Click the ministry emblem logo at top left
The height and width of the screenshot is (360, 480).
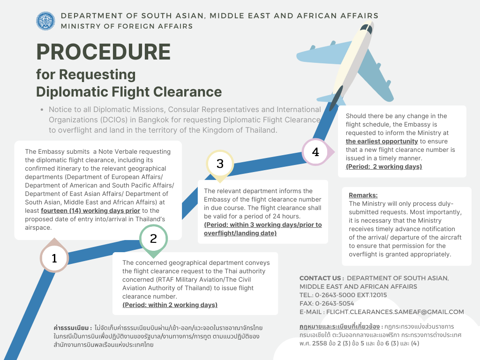pyautogui.click(x=45, y=21)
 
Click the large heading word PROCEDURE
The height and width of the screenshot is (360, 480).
pyautogui.click(x=104, y=52)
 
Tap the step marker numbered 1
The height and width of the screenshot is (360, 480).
pyautogui.click(x=54, y=258)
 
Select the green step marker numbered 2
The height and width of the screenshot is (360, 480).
pyautogui.click(x=153, y=239)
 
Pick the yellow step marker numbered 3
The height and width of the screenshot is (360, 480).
pyautogui.click(x=220, y=164)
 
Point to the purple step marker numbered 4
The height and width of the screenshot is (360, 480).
pyautogui.click(x=315, y=152)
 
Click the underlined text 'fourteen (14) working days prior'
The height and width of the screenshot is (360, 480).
pyautogui.click(x=90, y=211)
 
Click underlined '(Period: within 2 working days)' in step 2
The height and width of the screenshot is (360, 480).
pyautogui.click(x=170, y=305)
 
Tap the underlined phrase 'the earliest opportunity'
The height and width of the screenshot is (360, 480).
pyautogui.click(x=382, y=141)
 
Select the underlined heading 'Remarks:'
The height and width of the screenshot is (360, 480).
pyautogui.click(x=363, y=195)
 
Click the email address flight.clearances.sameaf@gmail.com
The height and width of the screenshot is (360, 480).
pyautogui.click(x=395, y=312)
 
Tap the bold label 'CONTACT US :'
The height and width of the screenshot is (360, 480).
pyautogui.click(x=322, y=278)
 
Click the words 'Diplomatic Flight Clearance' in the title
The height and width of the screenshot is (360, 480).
pyautogui.click(x=129, y=91)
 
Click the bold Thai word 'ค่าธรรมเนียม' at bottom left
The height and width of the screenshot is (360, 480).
pyautogui.click(x=73, y=327)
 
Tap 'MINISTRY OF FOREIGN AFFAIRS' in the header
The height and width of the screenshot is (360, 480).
pyautogui.click(x=127, y=26)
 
